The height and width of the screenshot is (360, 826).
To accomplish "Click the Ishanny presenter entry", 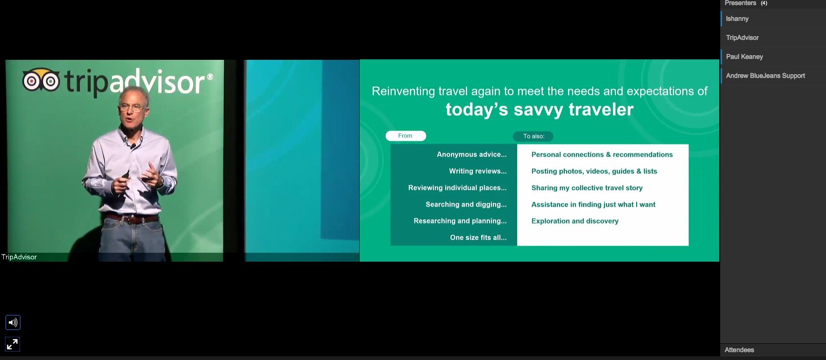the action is pyautogui.click(x=737, y=19).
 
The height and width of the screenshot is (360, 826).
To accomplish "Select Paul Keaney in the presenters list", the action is pyautogui.click(x=744, y=57).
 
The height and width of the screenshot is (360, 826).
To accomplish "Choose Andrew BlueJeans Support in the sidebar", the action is pyautogui.click(x=765, y=76).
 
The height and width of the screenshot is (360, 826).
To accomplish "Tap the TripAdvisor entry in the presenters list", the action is pyautogui.click(x=742, y=38).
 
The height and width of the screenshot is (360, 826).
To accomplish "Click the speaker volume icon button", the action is pyautogui.click(x=13, y=322).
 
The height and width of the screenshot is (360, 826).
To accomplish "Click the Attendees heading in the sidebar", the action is pyautogui.click(x=739, y=350).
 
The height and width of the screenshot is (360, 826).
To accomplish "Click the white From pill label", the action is pyautogui.click(x=406, y=136).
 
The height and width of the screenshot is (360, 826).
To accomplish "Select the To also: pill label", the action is pyautogui.click(x=533, y=136).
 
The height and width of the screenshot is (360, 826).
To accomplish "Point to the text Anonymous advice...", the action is pyautogui.click(x=471, y=154).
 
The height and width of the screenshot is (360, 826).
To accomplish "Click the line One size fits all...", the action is pyautogui.click(x=478, y=238).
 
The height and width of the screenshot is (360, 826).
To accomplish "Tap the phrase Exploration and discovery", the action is pyautogui.click(x=575, y=221).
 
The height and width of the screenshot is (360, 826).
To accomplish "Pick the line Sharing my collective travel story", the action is pyautogui.click(x=587, y=188).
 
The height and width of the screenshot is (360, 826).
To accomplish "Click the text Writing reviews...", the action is pyautogui.click(x=478, y=171).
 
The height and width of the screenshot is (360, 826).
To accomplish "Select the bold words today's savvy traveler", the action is pyautogui.click(x=539, y=109).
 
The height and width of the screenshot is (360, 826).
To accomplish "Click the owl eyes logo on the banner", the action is pyautogui.click(x=41, y=80).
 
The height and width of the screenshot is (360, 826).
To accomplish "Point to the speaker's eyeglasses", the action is pyautogui.click(x=131, y=109).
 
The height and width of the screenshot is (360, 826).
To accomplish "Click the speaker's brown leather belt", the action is pyautogui.click(x=133, y=219).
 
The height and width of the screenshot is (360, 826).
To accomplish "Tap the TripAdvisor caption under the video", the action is pyautogui.click(x=19, y=257).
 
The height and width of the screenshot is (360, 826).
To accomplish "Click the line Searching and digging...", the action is pyautogui.click(x=466, y=205).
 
